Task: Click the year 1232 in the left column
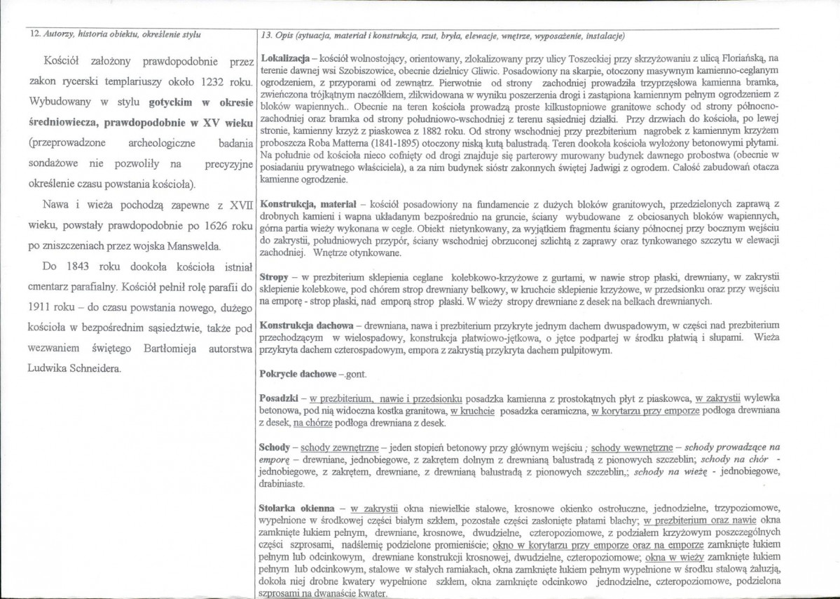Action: click(x=212, y=81)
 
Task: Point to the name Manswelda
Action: click(x=199, y=246)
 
